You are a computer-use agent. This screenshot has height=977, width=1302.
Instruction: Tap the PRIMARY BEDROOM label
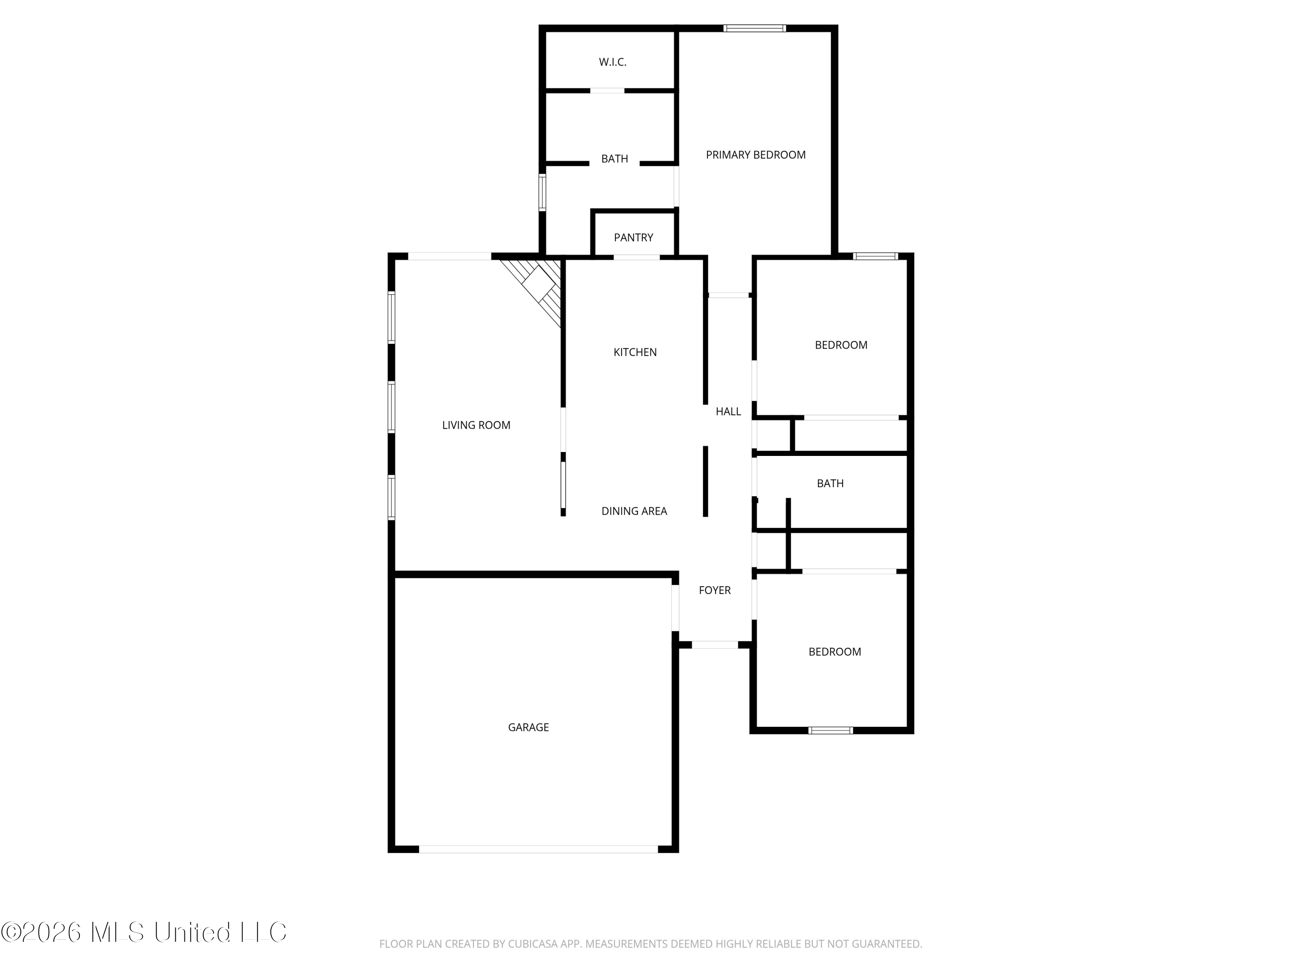tap(756, 155)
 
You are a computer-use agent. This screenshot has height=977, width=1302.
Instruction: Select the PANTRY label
tap(633, 238)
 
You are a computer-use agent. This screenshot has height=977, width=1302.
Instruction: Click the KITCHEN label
tap(635, 352)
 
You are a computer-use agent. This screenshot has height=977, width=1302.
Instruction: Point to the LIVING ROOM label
tap(476, 425)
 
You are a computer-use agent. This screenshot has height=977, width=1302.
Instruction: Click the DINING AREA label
tap(634, 511)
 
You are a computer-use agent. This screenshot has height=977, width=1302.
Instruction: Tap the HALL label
tap(728, 412)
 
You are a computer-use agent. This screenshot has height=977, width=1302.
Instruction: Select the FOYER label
tap(714, 590)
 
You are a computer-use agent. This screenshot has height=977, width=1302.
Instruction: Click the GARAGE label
tap(529, 727)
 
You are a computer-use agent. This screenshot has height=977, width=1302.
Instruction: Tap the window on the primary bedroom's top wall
tap(755, 28)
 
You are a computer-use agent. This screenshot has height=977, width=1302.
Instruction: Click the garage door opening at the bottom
tap(538, 849)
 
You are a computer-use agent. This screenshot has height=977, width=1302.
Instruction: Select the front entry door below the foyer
tap(714, 645)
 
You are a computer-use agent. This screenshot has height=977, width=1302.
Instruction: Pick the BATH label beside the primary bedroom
tap(615, 159)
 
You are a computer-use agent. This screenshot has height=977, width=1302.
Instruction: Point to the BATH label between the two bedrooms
tap(830, 483)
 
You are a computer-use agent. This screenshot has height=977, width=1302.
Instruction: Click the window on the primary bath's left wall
tap(542, 192)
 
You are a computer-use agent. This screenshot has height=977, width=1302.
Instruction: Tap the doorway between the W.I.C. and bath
tap(607, 91)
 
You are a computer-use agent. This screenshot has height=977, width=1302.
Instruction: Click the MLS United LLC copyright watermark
tap(144, 932)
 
